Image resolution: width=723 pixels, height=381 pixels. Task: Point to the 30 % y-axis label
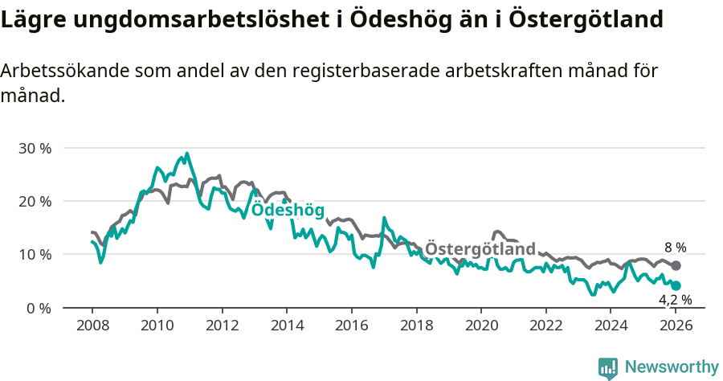[x=35, y=149]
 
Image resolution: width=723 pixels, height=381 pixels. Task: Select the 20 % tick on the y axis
[x=35, y=202]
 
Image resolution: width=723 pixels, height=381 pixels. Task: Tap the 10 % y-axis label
[x=35, y=255]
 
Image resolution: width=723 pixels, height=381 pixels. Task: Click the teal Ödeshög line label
[x=288, y=211]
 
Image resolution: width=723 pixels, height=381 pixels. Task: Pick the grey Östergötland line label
[x=480, y=248]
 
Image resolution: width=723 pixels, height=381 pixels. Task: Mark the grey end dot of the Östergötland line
[x=676, y=265]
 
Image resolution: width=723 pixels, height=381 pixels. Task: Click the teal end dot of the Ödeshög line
[x=676, y=285]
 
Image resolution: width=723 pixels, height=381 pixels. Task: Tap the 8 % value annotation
[x=675, y=248]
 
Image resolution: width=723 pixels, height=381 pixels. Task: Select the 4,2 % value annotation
[x=675, y=301]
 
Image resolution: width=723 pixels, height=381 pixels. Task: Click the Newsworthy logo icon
[x=608, y=368]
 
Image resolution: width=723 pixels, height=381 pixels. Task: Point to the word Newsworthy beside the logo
[x=672, y=367]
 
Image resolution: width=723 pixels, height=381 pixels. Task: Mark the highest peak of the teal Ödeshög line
[x=187, y=154]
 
